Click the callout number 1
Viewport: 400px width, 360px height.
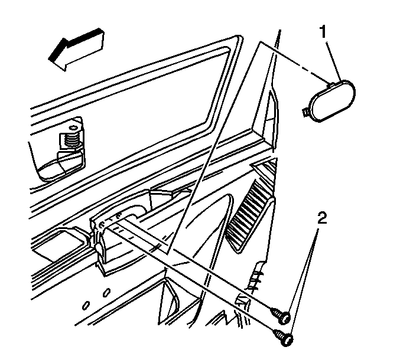point(323,32)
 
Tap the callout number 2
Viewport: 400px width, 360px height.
point(322,218)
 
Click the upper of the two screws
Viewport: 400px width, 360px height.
point(281,315)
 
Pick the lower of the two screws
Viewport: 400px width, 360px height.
point(284,338)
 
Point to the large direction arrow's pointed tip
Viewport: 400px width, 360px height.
point(49,60)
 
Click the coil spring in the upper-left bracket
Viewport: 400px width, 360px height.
point(71,141)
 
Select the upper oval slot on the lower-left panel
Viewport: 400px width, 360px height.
point(107,293)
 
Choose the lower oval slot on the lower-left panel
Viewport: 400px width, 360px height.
point(86,305)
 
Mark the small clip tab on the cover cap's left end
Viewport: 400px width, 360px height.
point(305,112)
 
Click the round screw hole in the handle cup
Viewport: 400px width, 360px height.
point(102,224)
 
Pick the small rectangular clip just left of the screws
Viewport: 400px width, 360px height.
point(242,300)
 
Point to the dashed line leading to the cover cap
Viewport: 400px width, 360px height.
point(294,62)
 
